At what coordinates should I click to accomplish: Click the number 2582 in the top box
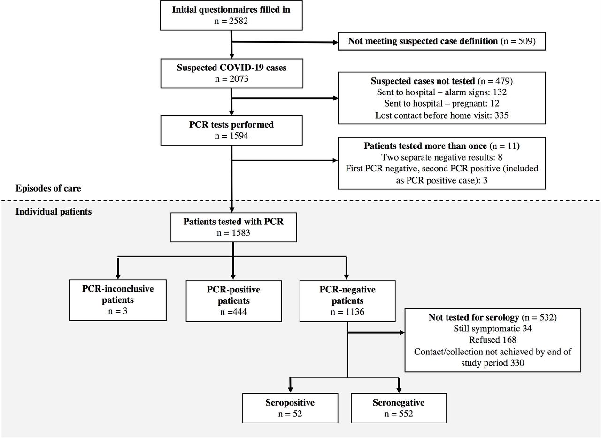click(x=239, y=21)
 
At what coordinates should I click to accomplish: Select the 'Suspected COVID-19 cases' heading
click(x=231, y=68)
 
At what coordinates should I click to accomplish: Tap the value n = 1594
click(x=231, y=136)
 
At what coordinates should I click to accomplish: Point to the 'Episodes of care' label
click(x=48, y=188)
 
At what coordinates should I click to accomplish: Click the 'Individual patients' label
click(x=54, y=212)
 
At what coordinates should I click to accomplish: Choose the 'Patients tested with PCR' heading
click(x=233, y=222)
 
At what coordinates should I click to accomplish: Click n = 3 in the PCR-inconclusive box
click(x=118, y=311)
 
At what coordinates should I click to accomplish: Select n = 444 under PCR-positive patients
click(x=233, y=312)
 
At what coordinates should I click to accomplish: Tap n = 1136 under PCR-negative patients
click(x=347, y=312)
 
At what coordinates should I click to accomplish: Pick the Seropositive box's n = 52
click(x=290, y=414)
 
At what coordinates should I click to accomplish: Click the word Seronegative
click(x=399, y=403)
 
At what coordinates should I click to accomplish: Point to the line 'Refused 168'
click(x=493, y=340)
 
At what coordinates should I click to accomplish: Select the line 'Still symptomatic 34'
click(x=493, y=329)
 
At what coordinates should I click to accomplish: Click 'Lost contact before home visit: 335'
click(x=442, y=115)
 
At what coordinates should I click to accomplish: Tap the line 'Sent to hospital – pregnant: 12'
click(x=442, y=104)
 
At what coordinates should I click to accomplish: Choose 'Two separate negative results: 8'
click(x=442, y=157)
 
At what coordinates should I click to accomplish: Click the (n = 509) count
click(x=518, y=41)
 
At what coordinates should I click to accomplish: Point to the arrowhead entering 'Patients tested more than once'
click(x=335, y=161)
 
